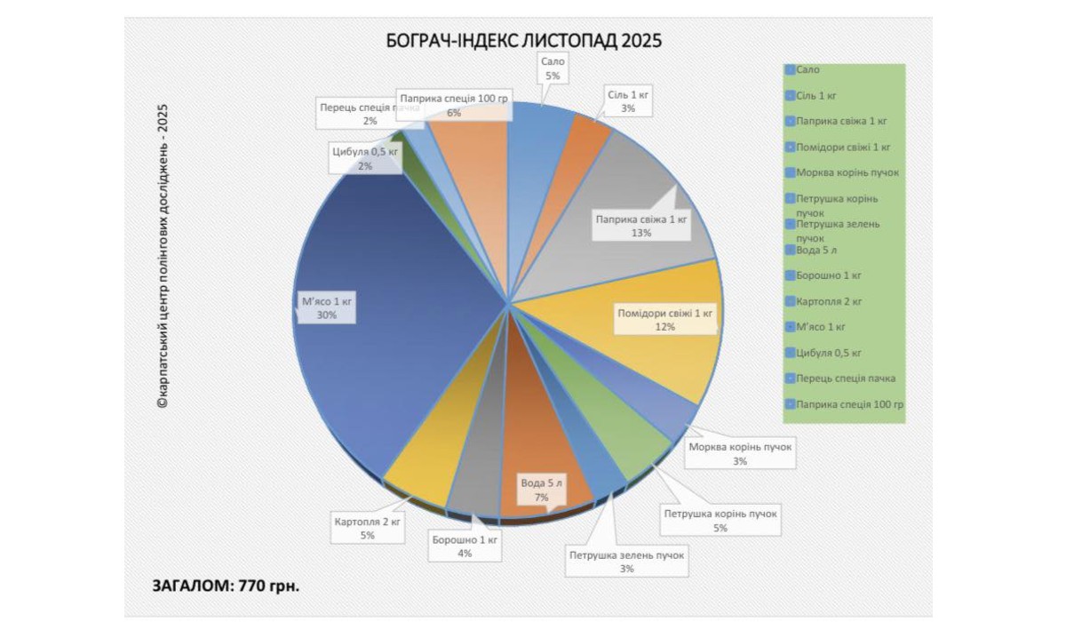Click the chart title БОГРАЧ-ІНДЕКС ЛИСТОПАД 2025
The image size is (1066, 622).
(x=524, y=41)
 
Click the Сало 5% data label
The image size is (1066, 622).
(x=553, y=68)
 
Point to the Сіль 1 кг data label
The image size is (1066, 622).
(x=628, y=100)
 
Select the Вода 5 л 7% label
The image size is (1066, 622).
(x=541, y=490)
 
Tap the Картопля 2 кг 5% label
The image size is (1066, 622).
(x=367, y=528)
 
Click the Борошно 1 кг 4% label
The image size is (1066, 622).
(x=464, y=546)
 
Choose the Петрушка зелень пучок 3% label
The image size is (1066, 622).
(x=627, y=562)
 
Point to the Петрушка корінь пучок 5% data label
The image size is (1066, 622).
(x=720, y=521)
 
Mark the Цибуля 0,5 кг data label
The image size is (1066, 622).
(x=365, y=157)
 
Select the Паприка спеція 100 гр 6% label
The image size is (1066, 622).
(x=454, y=106)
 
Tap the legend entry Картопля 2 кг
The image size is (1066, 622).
(x=829, y=301)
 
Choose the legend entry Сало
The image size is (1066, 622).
(x=807, y=68)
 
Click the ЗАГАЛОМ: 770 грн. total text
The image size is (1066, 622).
(x=226, y=586)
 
